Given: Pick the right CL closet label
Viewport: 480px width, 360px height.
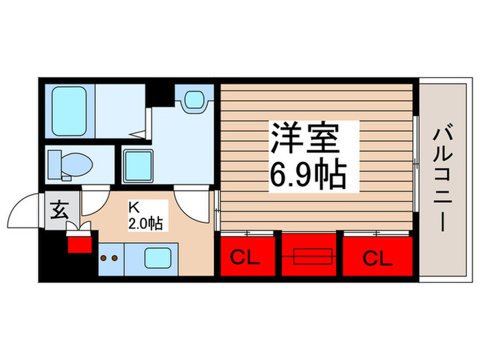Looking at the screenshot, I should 377,259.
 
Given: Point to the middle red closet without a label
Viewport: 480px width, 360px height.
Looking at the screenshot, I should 311,255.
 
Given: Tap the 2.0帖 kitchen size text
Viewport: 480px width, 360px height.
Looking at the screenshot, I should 145,223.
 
